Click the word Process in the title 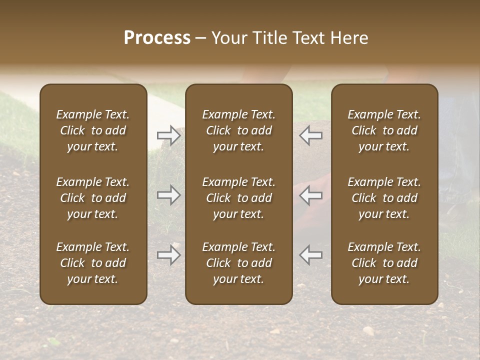point(157,38)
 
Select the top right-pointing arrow point(169,135)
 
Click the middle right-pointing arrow point(169,195)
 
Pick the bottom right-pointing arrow point(169,255)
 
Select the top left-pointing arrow point(311,135)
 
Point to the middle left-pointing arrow point(311,195)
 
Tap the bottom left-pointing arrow point(311,255)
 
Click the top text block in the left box point(93,130)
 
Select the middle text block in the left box point(93,198)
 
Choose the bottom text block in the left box point(93,263)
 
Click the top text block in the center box point(239,130)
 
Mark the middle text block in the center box point(239,198)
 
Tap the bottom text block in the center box point(239,263)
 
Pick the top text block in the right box point(384,130)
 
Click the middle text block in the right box point(384,198)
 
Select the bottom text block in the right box point(384,263)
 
